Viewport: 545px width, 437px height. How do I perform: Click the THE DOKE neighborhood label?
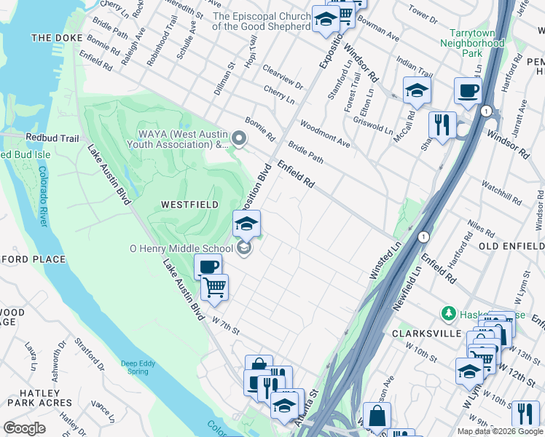(x=53, y=37)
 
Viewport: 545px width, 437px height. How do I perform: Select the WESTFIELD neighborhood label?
(x=191, y=205)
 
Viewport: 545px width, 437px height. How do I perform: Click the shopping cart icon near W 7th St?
(x=214, y=287)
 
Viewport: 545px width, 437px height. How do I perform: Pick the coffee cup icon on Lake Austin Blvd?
(x=208, y=267)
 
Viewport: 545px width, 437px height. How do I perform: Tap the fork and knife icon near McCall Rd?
(x=442, y=124)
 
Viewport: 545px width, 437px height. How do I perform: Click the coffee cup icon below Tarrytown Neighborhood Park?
(x=468, y=90)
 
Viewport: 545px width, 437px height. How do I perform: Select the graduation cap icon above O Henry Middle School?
(x=246, y=223)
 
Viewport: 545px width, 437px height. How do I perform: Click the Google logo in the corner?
(x=24, y=428)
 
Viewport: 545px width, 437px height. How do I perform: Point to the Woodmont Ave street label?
(x=324, y=134)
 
